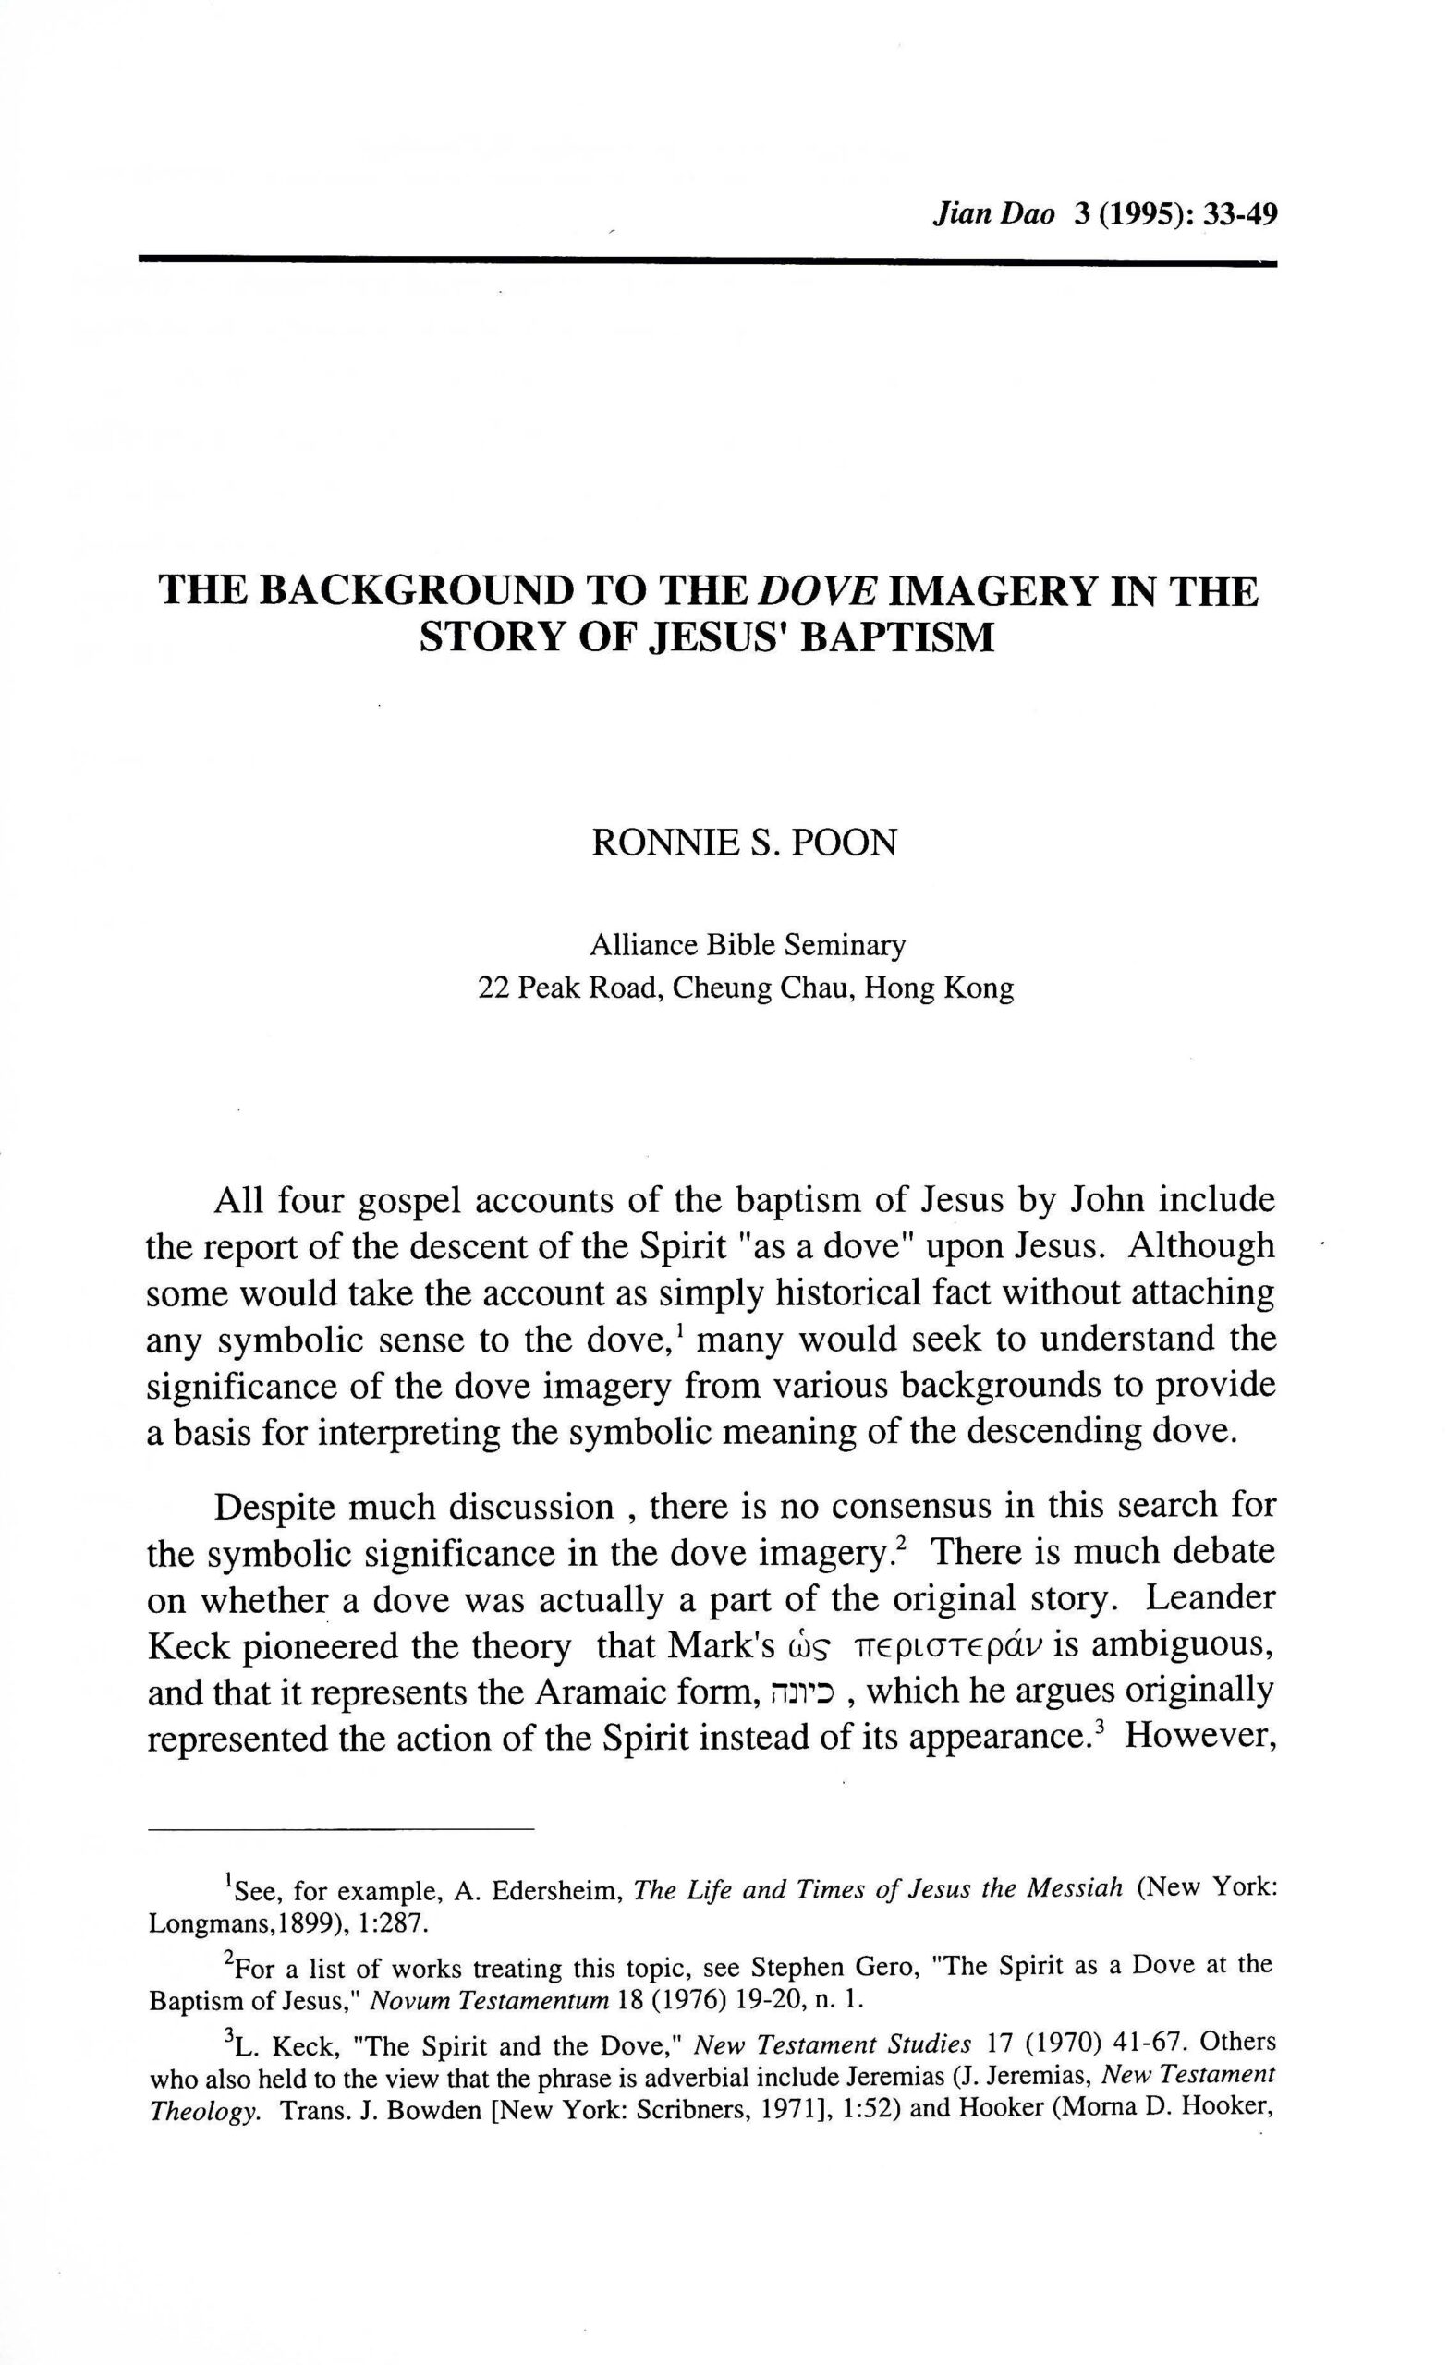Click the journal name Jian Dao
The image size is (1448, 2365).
(x=992, y=213)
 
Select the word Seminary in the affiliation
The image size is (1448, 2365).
(x=845, y=945)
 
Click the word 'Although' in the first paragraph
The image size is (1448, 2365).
(x=1202, y=1247)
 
